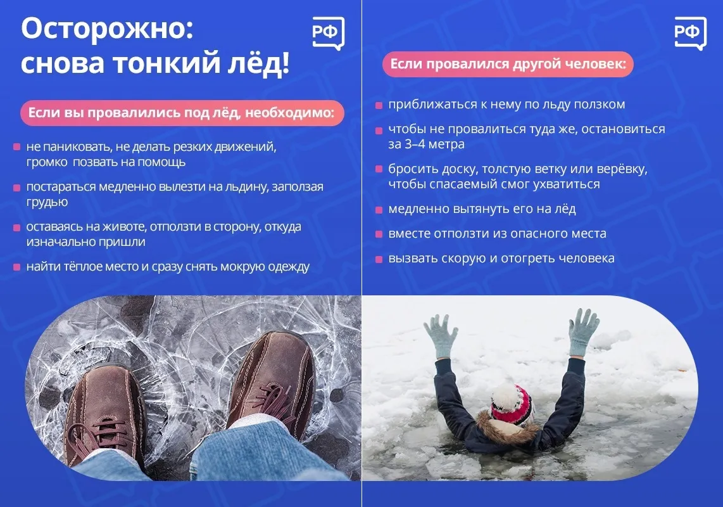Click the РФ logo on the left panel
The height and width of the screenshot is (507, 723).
329,33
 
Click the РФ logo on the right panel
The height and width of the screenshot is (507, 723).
690,33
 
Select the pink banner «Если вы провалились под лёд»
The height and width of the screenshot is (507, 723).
182,113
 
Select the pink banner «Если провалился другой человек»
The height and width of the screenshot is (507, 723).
508,64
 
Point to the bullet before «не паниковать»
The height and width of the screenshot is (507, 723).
16,147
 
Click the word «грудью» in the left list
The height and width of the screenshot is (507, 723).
47,202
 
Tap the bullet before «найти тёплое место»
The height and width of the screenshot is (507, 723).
16,267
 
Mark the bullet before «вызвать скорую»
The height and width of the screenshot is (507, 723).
379,259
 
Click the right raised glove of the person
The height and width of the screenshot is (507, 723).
582,332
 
